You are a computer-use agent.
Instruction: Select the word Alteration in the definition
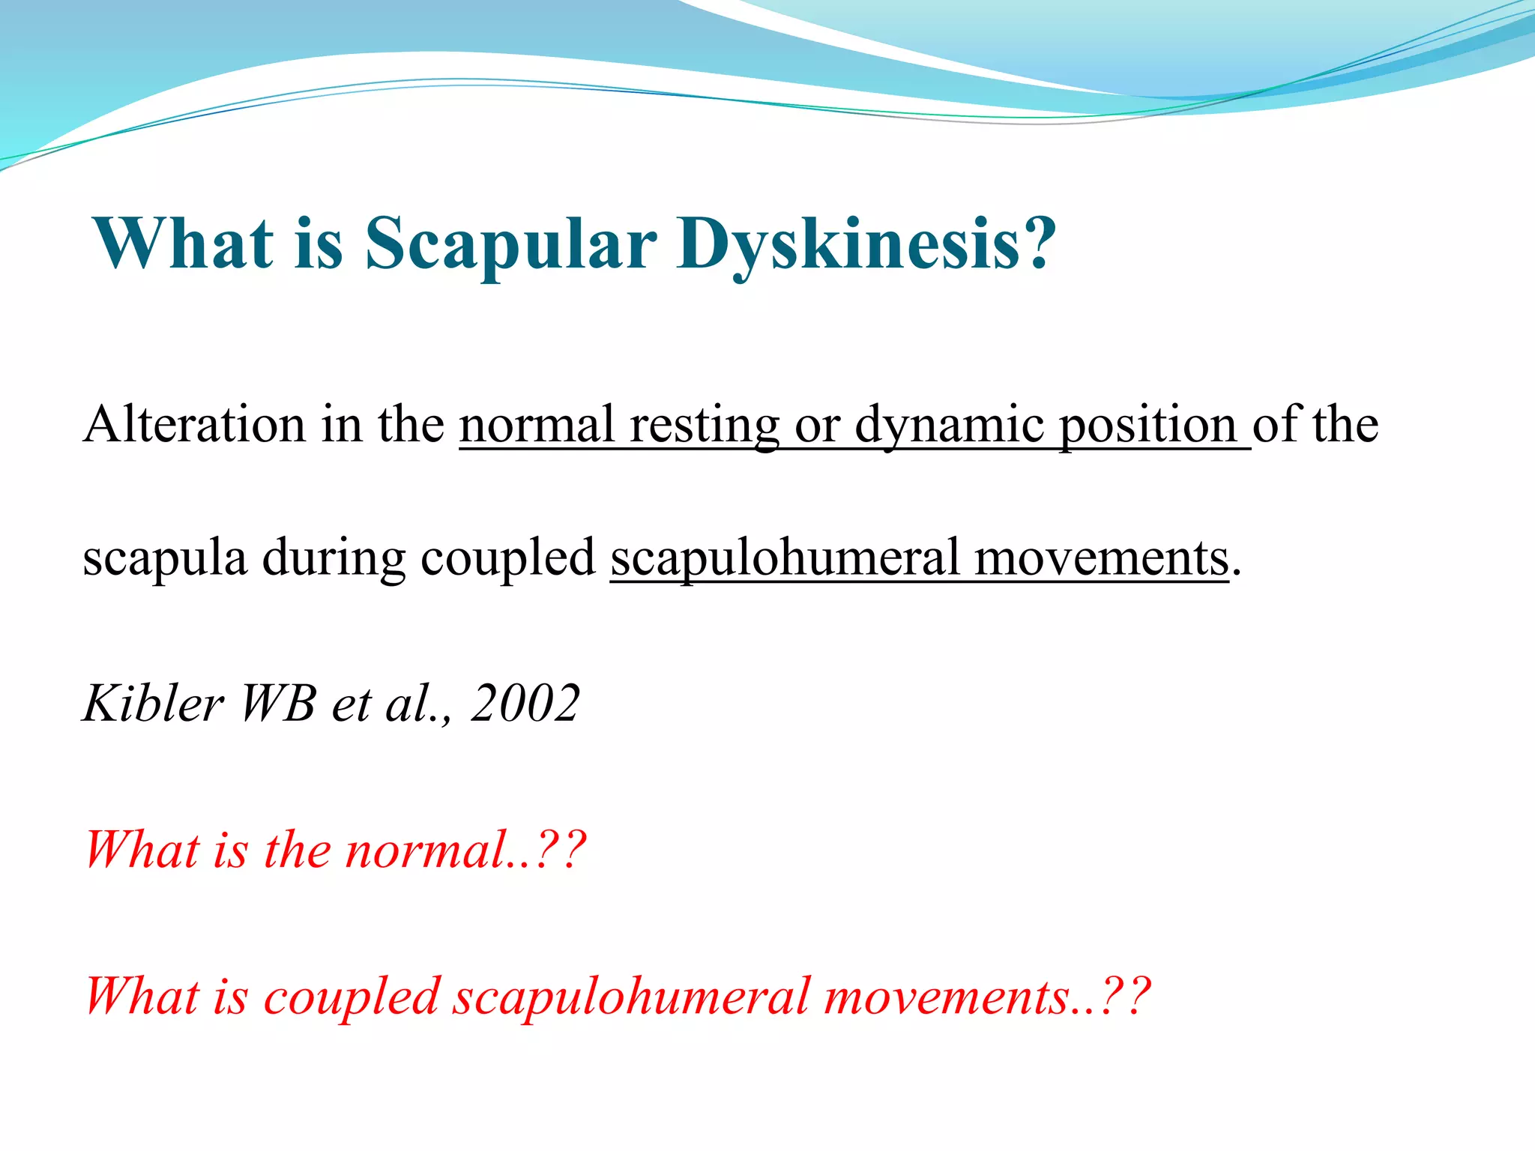195,425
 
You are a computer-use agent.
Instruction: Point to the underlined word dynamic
949,425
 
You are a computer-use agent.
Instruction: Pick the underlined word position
1148,425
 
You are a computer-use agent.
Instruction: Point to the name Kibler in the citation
153,704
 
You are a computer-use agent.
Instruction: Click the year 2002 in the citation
525,704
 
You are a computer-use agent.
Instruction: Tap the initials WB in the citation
277,704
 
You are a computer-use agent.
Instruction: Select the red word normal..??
465,851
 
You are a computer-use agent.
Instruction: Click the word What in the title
183,244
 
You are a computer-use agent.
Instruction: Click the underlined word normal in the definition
537,425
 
